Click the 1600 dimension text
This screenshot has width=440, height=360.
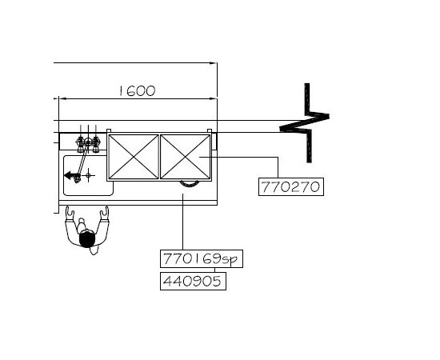pyautogui.click(x=138, y=91)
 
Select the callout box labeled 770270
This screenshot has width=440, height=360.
pyautogui.click(x=291, y=186)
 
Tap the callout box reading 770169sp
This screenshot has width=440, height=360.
pyautogui.click(x=202, y=258)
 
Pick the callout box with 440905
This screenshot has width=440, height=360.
pyautogui.click(x=193, y=281)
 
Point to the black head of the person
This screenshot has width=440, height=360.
pyautogui.click(x=87, y=239)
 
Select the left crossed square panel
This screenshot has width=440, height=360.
pyautogui.click(x=134, y=157)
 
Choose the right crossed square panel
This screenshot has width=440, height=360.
pyautogui.click(x=186, y=157)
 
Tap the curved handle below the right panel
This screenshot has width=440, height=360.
pyautogui.click(x=190, y=184)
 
